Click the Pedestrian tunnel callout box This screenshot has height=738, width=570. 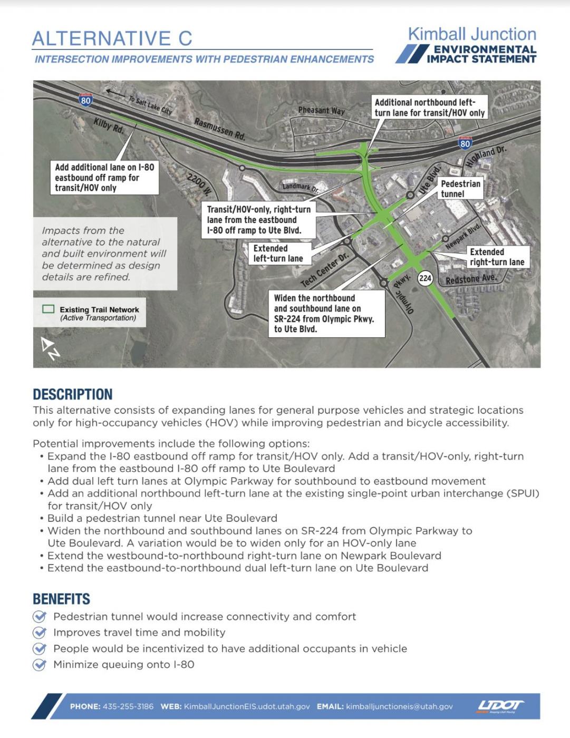[460, 189]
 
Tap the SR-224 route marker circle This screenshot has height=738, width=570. [425, 278]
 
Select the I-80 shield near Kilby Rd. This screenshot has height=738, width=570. [85, 99]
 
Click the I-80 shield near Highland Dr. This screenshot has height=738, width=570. [465, 143]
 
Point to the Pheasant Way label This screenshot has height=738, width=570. [321, 110]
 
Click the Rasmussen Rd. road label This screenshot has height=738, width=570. [220, 129]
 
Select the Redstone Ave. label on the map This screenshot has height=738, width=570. [471, 279]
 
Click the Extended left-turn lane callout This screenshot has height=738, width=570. [278, 253]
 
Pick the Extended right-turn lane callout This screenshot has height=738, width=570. [497, 257]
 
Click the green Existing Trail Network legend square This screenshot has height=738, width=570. [49, 309]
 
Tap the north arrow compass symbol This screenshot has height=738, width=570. [51, 348]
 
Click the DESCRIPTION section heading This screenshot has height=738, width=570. [73, 394]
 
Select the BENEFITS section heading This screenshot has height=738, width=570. [61, 599]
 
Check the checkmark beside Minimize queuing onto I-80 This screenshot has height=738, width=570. [40, 664]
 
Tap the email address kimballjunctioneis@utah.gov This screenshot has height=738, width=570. [399, 706]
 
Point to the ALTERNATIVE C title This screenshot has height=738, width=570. [112, 38]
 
